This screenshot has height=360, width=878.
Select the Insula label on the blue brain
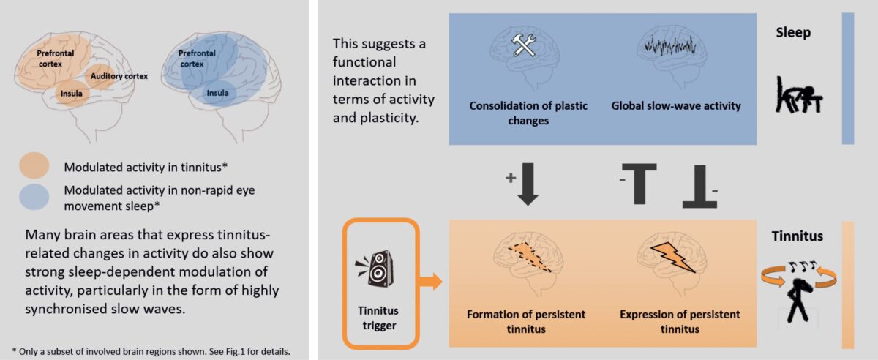pyautogui.click(x=217, y=94)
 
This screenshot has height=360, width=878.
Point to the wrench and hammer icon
pyautogui.click(x=524, y=46)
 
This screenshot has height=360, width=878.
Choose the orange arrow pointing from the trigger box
pyautogui.click(x=433, y=281)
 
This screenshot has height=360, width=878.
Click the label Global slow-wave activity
pyautogui.click(x=676, y=106)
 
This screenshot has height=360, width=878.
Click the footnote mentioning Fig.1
pyautogui.click(x=151, y=350)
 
